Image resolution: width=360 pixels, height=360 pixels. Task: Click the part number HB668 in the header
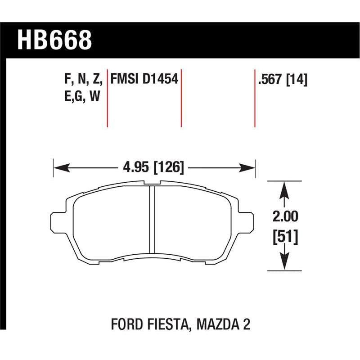click(x=54, y=40)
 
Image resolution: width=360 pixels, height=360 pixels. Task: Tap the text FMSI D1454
click(x=144, y=79)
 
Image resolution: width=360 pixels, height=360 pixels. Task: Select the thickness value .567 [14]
click(x=283, y=80)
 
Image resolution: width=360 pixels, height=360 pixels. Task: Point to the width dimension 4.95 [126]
click(x=153, y=167)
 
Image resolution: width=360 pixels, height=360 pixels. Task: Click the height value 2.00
click(x=285, y=216)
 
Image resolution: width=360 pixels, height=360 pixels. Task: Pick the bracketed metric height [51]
click(x=285, y=237)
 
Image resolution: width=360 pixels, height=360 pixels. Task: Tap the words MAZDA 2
click(x=223, y=324)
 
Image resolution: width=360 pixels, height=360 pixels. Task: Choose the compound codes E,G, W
click(x=82, y=96)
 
